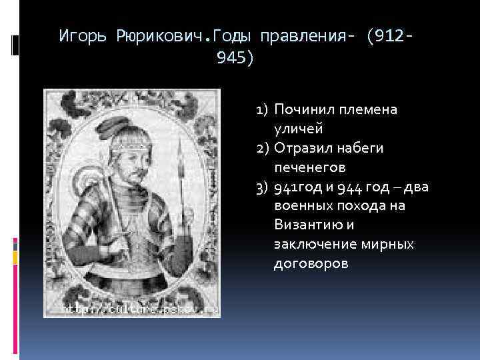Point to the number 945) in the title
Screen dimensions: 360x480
[235, 59]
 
